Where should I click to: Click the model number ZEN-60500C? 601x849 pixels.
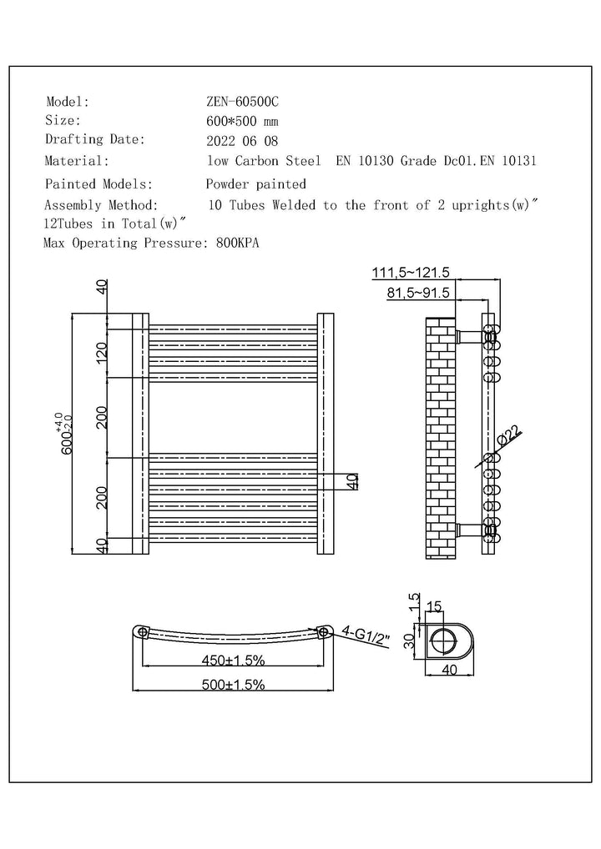[x=242, y=102]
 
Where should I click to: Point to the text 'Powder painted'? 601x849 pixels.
[x=255, y=183]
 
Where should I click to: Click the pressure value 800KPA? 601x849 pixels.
[x=236, y=244]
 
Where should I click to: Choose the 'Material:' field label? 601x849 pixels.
[x=77, y=161]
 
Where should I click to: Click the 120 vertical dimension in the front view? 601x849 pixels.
[x=102, y=353]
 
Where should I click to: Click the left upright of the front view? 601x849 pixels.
[x=139, y=434]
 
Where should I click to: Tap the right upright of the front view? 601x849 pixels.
[x=326, y=434]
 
